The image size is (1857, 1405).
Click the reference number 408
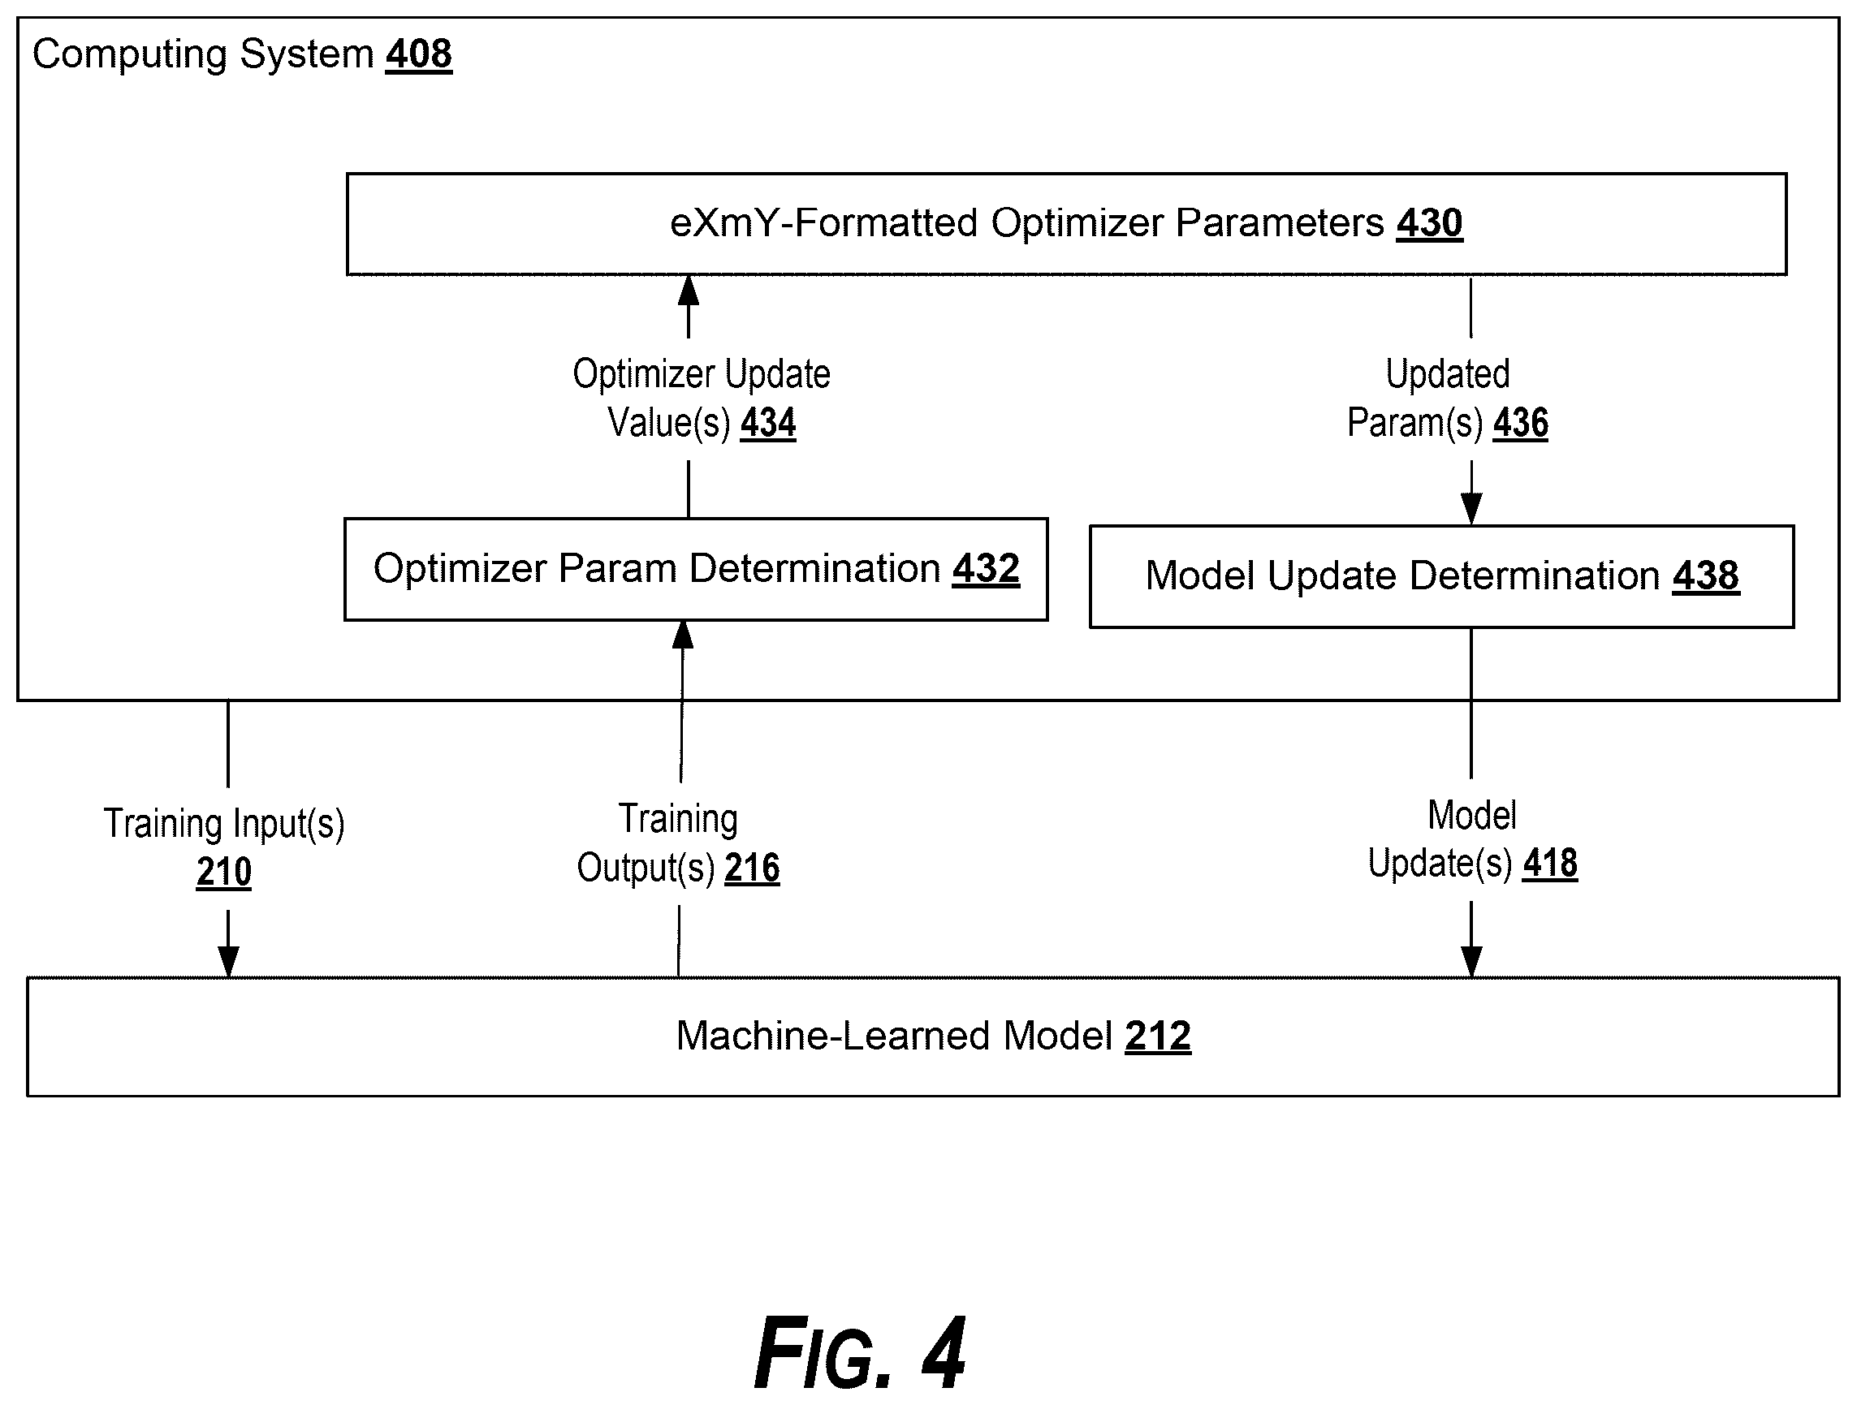tap(419, 54)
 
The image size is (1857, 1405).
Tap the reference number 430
tap(1430, 223)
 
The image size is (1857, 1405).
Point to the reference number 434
tap(768, 423)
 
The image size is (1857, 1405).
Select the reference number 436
tap(1520, 423)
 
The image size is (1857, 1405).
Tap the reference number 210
tap(223, 872)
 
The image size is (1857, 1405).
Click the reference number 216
tap(752, 868)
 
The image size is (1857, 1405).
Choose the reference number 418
tap(1551, 864)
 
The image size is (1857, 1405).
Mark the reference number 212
tap(1158, 1036)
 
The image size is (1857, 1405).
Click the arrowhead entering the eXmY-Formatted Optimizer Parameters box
tap(689, 291)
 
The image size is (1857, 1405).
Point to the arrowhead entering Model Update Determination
tap(1470, 509)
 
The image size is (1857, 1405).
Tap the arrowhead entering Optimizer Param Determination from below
tap(684, 636)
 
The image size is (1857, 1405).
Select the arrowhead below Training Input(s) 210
tap(228, 961)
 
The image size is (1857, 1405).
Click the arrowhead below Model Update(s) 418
tap(1470, 961)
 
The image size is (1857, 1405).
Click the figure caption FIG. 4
tap(860, 1353)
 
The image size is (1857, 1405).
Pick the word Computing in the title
tap(130, 55)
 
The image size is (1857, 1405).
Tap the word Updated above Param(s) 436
tap(1447, 374)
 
